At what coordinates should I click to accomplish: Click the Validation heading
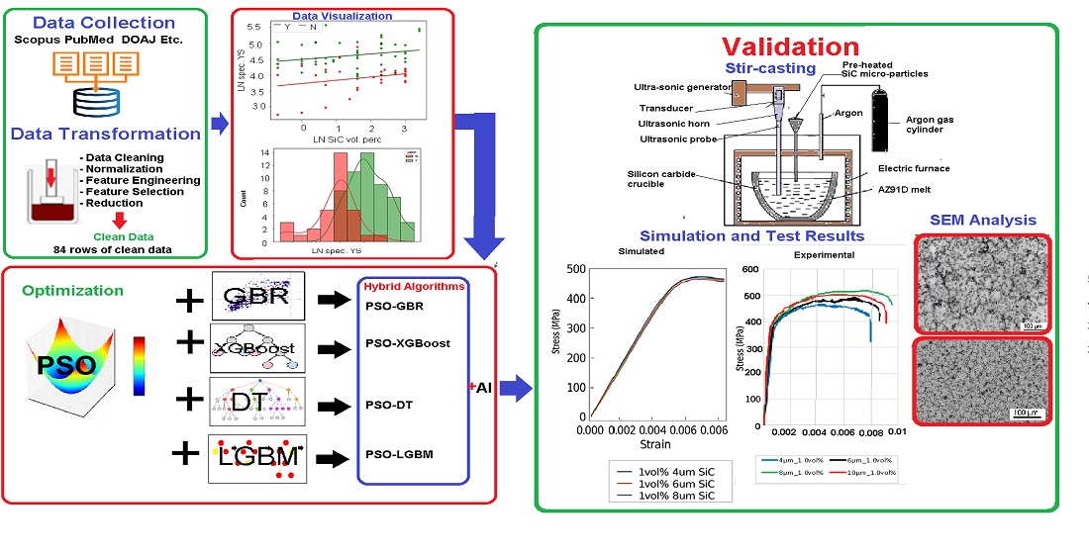click(790, 46)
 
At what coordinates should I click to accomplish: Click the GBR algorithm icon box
click(257, 294)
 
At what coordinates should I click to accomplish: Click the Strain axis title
click(649, 447)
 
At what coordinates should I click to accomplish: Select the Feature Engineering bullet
click(143, 180)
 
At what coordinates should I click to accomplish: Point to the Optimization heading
click(72, 291)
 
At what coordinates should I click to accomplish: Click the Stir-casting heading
click(771, 67)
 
